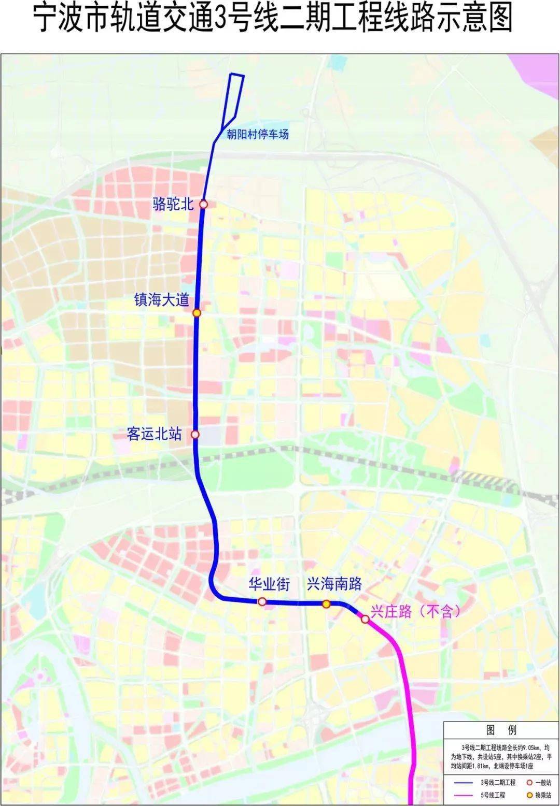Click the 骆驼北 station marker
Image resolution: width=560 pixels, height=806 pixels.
coord(204,205)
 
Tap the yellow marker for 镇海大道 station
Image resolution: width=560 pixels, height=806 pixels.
coord(197,313)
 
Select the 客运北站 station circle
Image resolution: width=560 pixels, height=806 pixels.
coord(195,435)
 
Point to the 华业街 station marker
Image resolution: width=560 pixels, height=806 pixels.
coord(262,601)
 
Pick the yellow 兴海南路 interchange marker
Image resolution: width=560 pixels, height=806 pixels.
coord(326,603)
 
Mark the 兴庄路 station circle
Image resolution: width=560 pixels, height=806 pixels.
coord(365,618)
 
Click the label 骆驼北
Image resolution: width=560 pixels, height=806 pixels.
coord(173,204)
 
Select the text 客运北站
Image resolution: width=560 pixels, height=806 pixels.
coord(154,434)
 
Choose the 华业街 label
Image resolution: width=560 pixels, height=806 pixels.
coord(269,584)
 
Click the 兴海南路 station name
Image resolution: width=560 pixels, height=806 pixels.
coord(334,584)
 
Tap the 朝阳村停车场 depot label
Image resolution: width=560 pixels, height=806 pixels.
coord(258,135)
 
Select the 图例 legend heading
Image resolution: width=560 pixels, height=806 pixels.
coord(501,730)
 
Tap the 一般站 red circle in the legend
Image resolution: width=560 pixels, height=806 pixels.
coord(529,782)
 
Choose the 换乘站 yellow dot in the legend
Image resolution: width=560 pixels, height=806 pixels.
coord(529,795)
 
